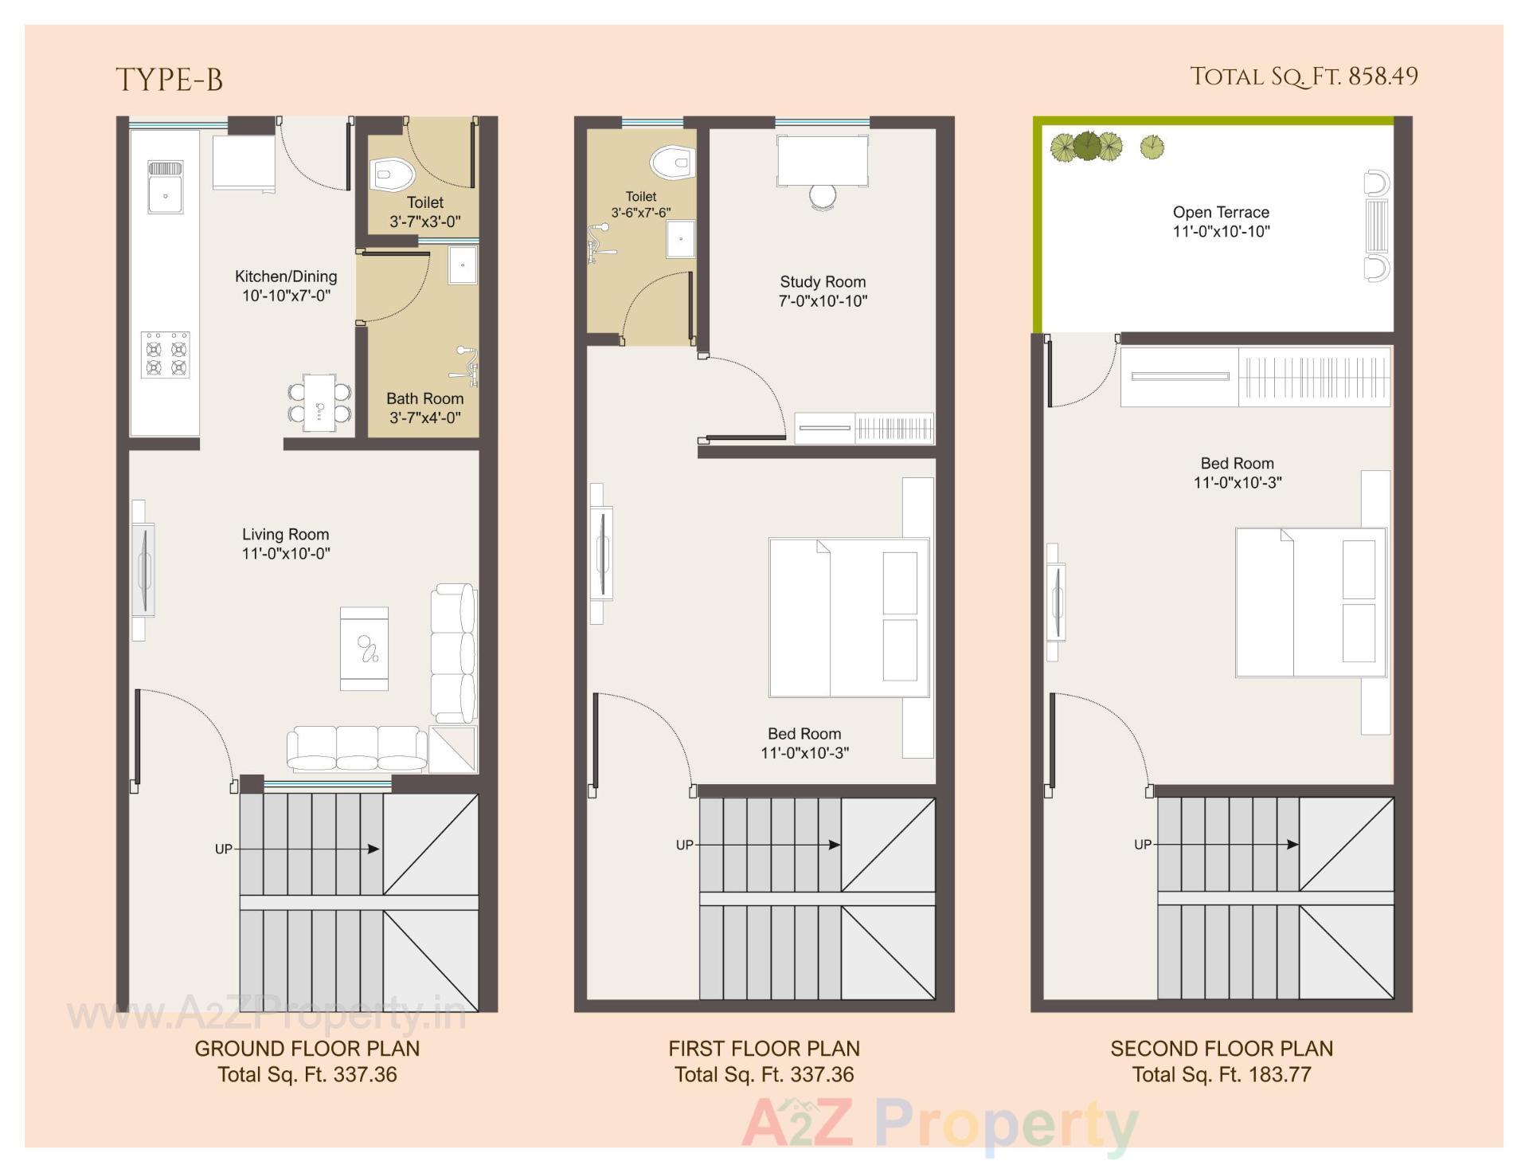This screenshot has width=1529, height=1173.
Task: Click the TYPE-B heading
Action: coord(169,80)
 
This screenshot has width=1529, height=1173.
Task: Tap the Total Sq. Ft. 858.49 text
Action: coord(1304,76)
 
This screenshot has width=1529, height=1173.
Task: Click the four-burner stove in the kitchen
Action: coord(166,355)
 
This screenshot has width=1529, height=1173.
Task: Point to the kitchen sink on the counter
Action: coord(166,187)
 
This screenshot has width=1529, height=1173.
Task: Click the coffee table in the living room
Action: coord(364,648)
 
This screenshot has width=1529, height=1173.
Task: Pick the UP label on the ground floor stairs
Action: coord(223,849)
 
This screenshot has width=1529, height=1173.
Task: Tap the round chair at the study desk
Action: coord(823,195)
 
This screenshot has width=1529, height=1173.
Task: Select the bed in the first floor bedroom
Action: coord(849,618)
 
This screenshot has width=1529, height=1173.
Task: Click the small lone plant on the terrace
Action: coord(1152,146)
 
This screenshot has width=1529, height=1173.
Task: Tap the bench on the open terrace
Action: coord(1376,226)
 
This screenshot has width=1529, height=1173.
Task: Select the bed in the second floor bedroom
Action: coord(1311,602)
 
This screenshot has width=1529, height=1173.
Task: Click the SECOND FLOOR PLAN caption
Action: coord(1222,1049)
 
